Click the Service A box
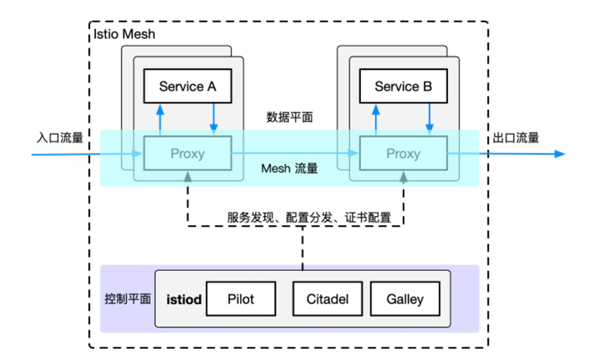187,86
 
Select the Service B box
403,86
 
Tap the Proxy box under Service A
187,153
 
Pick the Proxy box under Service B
403,153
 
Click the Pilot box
241,299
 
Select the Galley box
404,299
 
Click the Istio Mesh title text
124,34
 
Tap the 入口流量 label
60,137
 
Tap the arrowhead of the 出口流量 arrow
560,153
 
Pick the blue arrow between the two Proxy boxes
295,153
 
